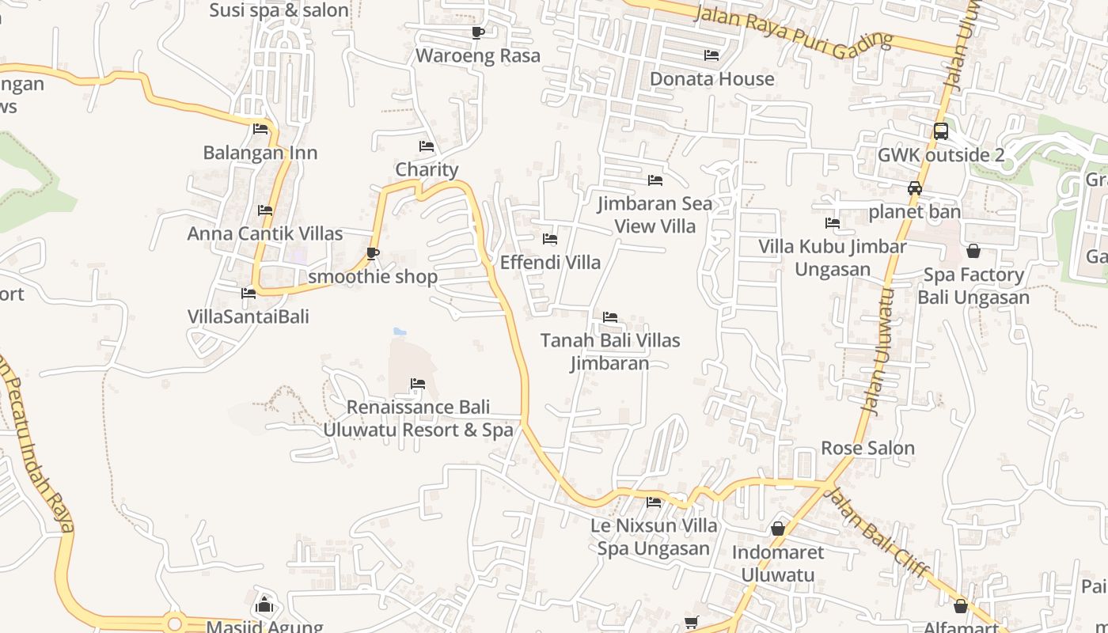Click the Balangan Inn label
(260, 153)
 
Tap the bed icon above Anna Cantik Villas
(265, 210)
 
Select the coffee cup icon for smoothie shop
(373, 253)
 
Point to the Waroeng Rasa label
(478, 55)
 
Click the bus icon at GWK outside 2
(940, 131)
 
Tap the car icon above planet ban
(915, 188)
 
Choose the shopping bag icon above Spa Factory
(973, 251)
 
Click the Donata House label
(711, 79)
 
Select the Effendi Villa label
(550, 262)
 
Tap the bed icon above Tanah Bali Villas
(610, 317)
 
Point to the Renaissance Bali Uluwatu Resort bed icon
(418, 385)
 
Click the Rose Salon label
(867, 448)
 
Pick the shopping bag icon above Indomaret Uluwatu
(778, 529)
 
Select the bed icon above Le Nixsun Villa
(654, 502)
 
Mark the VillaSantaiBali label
(249, 316)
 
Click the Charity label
(427, 169)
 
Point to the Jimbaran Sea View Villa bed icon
(655, 180)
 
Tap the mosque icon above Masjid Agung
(264, 606)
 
